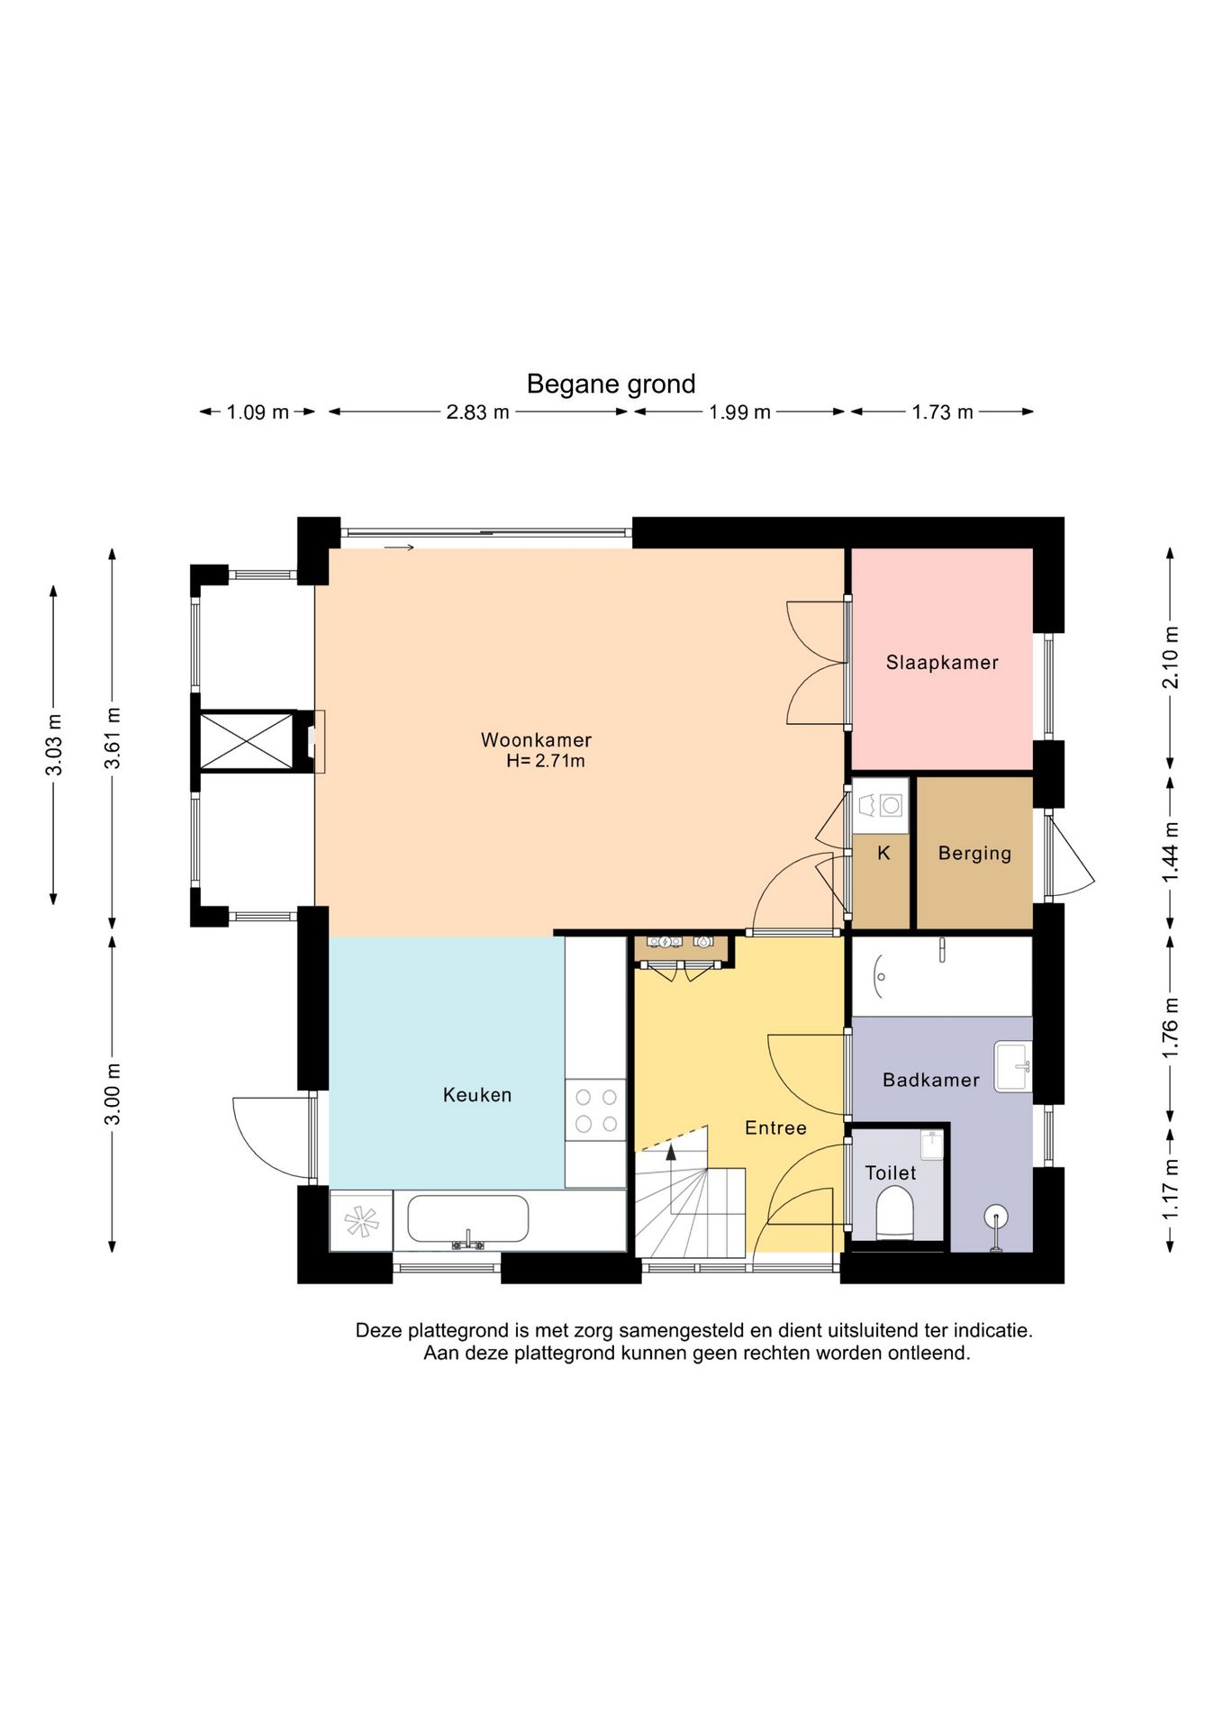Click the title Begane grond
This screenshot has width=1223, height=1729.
[611, 385]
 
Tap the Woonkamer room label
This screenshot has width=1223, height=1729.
[536, 740]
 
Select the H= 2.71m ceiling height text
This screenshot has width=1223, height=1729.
[546, 761]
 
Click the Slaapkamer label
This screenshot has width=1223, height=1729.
[942, 663]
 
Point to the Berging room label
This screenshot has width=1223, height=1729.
[974, 853]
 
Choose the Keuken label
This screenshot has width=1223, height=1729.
[477, 1095]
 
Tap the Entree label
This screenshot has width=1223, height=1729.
[775, 1128]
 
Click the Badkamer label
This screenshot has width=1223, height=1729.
[930, 1080]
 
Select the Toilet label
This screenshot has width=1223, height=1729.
[890, 1173]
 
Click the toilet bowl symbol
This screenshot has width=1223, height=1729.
[894, 1212]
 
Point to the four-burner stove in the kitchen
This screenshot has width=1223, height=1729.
[595, 1109]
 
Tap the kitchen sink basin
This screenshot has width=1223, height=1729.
[467, 1218]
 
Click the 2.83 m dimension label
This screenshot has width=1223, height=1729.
[477, 412]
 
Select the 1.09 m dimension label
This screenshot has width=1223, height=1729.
[258, 412]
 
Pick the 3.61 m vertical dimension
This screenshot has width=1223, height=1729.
[113, 738]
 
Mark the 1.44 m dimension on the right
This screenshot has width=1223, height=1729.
[1170, 852]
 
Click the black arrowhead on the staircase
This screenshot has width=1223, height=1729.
[670, 1151]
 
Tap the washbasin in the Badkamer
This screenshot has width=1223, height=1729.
[1013, 1067]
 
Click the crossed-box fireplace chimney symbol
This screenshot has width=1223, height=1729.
[247, 741]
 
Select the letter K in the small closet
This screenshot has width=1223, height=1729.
[883, 853]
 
